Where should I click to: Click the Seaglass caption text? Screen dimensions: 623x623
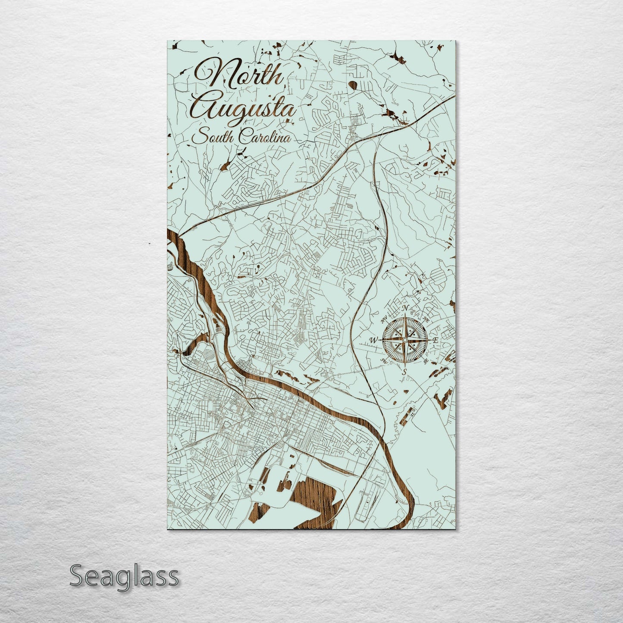pos(124,576)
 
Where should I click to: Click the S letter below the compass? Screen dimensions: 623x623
pos(404,372)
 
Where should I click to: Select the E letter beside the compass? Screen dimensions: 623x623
pos(436,341)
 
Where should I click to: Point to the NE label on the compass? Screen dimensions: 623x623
pos(426,320)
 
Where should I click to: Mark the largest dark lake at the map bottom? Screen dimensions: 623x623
pos(317,496)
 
